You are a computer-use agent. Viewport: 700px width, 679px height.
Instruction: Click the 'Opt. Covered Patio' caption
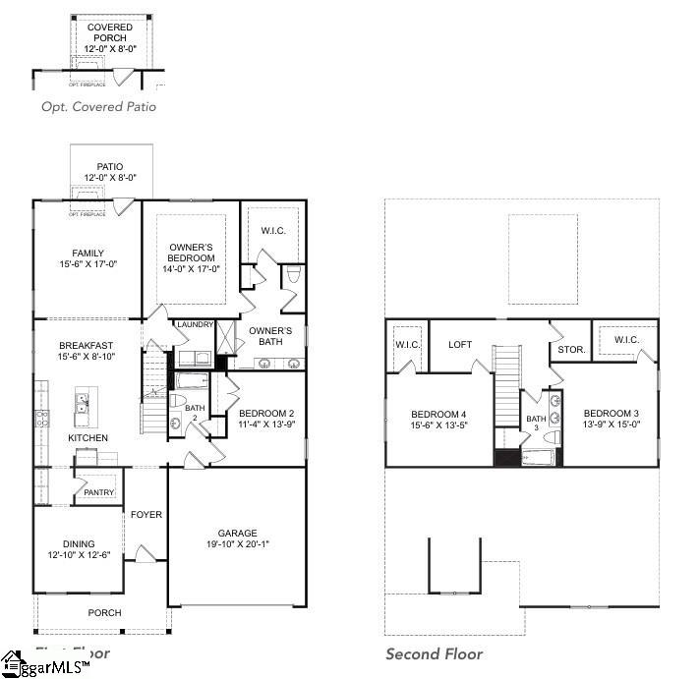tap(98, 107)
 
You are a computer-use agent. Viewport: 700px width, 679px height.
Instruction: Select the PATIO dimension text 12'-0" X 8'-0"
tap(109, 178)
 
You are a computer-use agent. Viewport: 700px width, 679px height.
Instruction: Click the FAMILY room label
tap(87, 254)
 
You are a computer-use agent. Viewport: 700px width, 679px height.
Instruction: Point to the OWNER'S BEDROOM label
tap(191, 253)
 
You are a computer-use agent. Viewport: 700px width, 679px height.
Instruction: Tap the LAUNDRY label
tap(195, 324)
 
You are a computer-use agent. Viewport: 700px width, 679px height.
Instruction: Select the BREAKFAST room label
tap(86, 345)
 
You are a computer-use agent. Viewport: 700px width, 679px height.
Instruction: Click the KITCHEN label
tap(87, 437)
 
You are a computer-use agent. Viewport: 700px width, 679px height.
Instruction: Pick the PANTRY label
tap(99, 492)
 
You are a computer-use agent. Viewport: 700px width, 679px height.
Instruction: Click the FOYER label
tap(146, 514)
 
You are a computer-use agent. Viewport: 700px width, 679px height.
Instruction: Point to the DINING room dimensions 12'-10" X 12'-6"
tap(79, 555)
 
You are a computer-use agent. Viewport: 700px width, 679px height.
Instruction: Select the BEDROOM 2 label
tap(266, 413)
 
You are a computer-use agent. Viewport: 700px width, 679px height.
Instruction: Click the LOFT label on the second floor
tap(461, 344)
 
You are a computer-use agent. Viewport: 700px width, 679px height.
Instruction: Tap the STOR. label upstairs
tap(571, 348)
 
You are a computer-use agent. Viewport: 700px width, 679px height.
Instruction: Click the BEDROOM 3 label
tap(612, 413)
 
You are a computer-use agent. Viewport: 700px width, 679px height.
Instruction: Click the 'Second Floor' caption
tap(434, 654)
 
